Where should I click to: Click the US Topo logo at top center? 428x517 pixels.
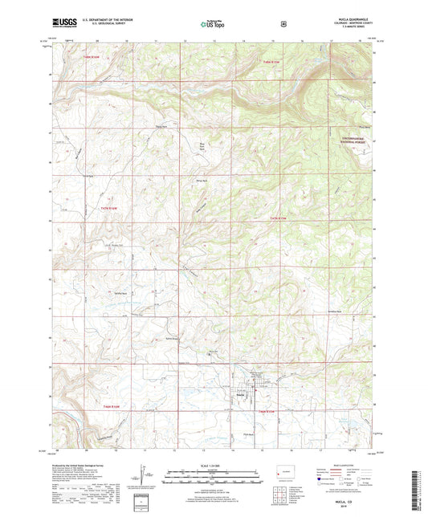click(x=214, y=25)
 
